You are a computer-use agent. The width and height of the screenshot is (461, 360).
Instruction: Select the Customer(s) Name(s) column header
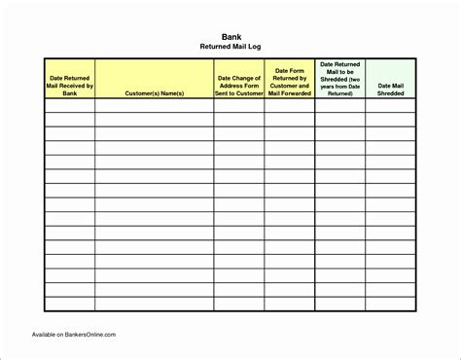[x=154, y=94]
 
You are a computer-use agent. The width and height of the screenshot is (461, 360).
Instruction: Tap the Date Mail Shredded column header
[x=391, y=90]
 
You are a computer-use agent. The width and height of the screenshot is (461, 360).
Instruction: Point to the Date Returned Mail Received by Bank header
[x=69, y=84]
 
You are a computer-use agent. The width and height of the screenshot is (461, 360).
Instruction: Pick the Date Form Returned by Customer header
[x=289, y=83]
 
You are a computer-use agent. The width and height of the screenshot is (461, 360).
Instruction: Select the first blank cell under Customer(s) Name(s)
[x=154, y=107]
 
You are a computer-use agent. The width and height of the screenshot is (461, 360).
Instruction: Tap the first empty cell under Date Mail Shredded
[x=391, y=107]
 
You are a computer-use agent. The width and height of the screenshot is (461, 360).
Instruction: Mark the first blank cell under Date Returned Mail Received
[x=69, y=107]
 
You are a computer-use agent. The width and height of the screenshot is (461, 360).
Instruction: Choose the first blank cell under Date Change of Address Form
[x=238, y=107]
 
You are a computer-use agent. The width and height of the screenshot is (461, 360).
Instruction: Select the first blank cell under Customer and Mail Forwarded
[x=289, y=107]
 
